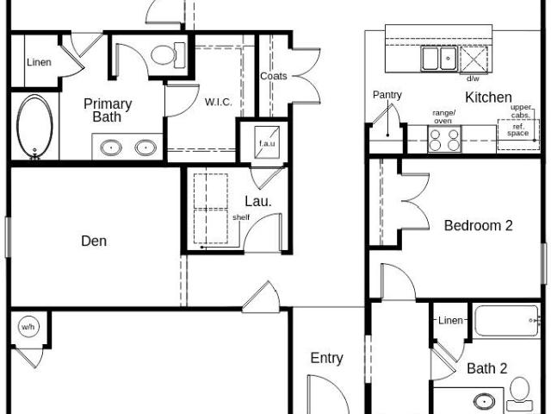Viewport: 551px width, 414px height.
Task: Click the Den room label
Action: click(94, 241)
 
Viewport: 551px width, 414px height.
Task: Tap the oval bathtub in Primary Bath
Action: click(34, 127)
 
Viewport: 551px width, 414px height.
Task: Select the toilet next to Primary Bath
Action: click(168, 55)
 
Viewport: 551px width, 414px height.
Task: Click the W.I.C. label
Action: click(218, 102)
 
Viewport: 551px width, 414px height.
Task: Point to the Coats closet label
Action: click(274, 76)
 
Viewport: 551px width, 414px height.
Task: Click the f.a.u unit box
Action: click(267, 142)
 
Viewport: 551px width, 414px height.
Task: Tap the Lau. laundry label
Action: click(258, 201)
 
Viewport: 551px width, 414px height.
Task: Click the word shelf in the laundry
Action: click(241, 217)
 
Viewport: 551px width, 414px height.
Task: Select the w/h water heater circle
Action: click(28, 327)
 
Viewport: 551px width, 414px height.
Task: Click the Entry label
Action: click(327, 359)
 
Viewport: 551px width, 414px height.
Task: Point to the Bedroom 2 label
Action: click(479, 226)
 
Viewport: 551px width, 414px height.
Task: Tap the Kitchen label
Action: click(488, 97)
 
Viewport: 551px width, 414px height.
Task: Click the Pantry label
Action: click(387, 95)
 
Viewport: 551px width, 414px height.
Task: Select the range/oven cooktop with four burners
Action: click(444, 139)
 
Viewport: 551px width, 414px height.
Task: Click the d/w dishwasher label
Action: click(473, 78)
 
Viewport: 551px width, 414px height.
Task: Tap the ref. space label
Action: click(518, 130)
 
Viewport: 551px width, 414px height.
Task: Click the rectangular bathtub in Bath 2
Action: click(507, 321)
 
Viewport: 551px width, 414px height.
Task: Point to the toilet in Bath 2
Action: click(520, 390)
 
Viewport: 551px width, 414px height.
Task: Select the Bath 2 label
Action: click(487, 368)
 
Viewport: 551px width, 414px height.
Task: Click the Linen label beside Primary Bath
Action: click(39, 62)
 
